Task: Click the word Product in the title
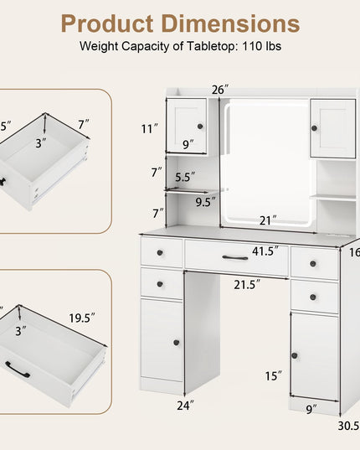107,23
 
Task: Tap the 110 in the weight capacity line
252,46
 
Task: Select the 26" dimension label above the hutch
220,90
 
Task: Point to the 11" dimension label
150,128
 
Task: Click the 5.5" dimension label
185,177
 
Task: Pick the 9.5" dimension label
205,202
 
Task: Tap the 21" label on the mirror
268,220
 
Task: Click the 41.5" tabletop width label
265,251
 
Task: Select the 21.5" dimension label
247,284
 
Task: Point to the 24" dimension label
185,406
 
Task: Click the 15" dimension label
274,376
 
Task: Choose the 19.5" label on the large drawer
82,318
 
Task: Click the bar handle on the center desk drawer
235,257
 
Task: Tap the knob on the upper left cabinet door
200,127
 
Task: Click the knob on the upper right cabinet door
315,128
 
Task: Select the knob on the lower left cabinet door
177,343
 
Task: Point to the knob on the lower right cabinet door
295,355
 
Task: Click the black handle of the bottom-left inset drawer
18,370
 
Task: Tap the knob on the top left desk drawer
160,253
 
